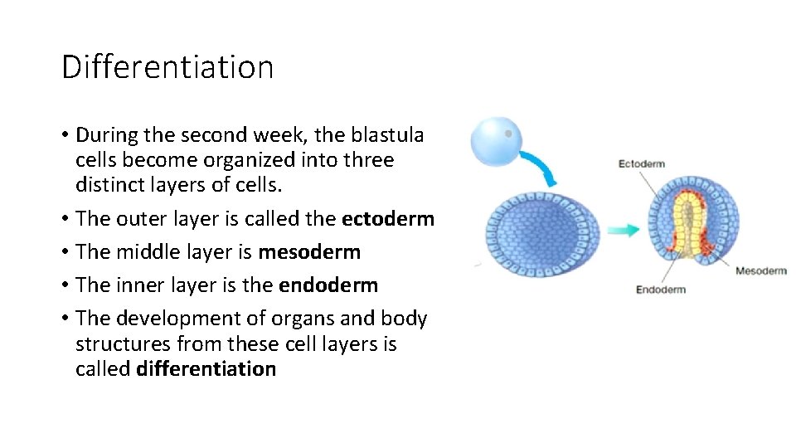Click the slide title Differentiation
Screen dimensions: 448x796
coord(167,66)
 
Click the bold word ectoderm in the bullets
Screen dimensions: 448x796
coord(387,219)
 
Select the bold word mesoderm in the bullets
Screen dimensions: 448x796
coord(309,252)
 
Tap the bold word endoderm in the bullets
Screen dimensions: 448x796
coord(328,285)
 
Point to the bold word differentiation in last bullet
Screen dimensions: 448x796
coord(206,368)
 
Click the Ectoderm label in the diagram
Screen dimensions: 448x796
coord(641,163)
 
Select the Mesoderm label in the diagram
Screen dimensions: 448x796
coord(760,270)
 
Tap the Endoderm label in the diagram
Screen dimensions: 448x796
coord(660,290)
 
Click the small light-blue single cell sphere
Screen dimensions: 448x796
coord(496,139)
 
